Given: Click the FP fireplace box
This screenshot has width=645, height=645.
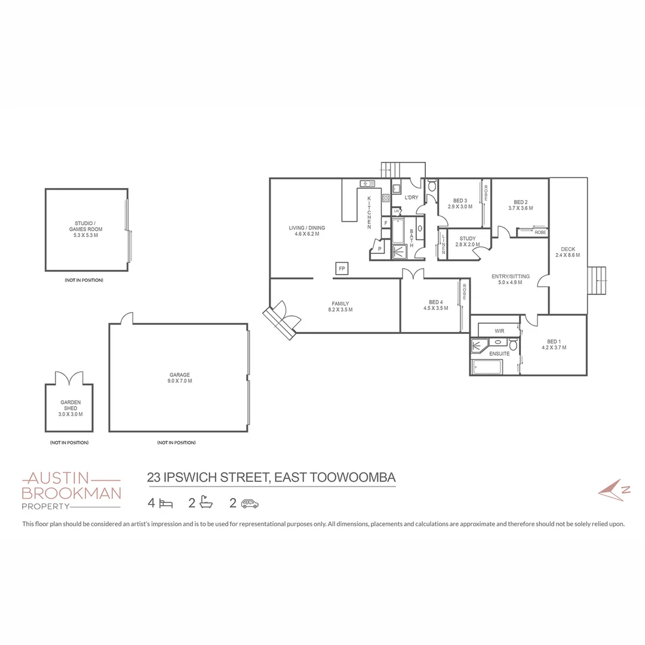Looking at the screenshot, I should tap(342, 269).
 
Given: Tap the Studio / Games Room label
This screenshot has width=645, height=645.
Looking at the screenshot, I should tap(86, 229).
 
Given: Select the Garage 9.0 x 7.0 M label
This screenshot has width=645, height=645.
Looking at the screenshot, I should tap(180, 378).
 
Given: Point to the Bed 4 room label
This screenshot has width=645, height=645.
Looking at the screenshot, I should tap(435, 305).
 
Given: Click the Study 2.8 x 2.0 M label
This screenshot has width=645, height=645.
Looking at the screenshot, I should tap(467, 241).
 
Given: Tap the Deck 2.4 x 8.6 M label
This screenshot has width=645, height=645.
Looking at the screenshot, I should tap(568, 252).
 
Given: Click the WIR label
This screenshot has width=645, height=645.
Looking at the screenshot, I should tap(499, 331).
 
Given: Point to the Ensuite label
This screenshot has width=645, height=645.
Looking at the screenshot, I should tap(499, 354).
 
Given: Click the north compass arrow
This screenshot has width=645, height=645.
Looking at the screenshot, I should tap(615, 489).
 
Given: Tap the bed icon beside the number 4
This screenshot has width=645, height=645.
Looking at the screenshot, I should tap(166, 503).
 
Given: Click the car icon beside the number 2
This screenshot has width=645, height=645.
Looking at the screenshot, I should tap(250, 503).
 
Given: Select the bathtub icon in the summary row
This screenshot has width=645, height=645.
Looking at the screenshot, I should tap(205, 503).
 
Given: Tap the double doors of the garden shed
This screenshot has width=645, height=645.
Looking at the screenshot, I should tap(70, 379).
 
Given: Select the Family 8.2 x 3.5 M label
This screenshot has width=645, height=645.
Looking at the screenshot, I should tap(340, 306).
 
